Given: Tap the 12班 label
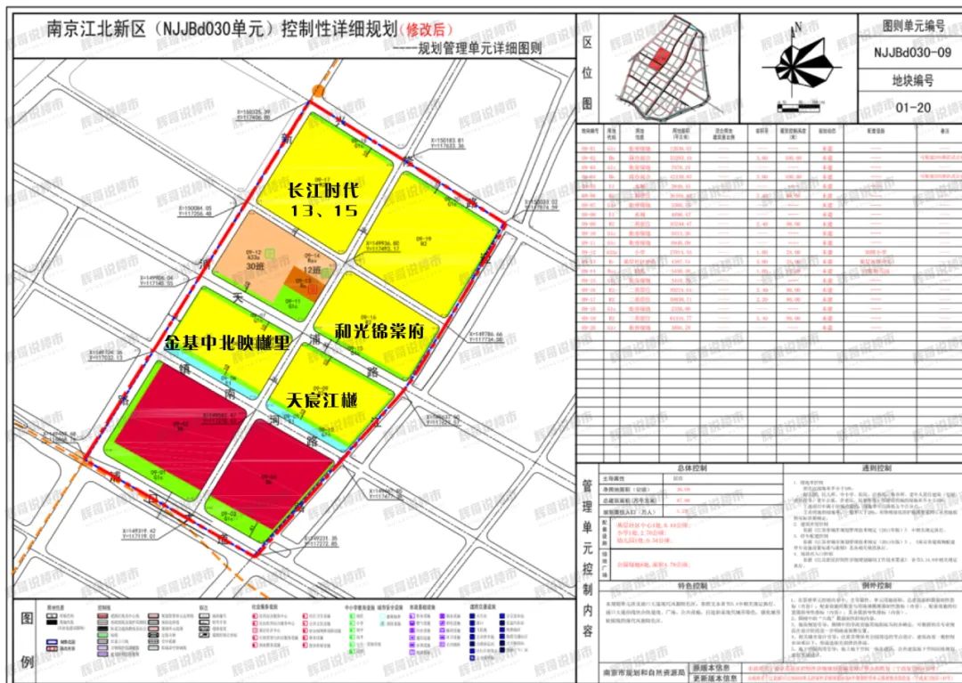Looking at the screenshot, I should click(x=310, y=270).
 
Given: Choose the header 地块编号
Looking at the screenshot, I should click(x=909, y=80).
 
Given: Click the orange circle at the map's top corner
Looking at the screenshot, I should click(x=318, y=91).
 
